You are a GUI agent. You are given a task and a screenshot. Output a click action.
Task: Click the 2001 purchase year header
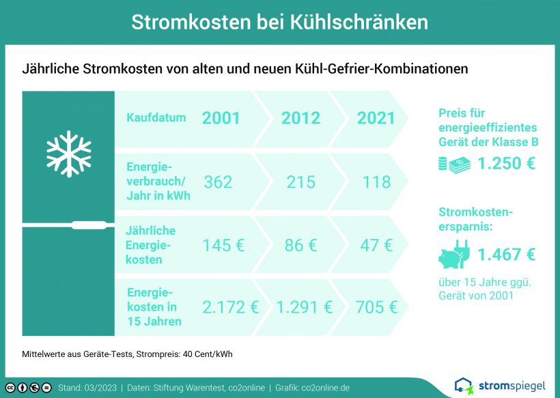tap(221, 118)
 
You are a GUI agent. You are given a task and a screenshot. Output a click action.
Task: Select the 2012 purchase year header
tap(300, 118)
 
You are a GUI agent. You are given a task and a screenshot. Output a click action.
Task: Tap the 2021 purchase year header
tap(376, 118)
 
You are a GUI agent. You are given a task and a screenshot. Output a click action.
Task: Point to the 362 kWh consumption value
tap(218, 182)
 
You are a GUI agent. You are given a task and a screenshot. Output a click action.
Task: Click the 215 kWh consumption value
tap(300, 182)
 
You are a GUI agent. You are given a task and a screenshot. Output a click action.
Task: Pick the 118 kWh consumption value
tap(376, 182)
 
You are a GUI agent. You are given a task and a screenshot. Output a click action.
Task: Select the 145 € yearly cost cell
tap(223, 246)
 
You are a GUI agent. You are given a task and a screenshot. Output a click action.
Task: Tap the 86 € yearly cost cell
tap(300, 246)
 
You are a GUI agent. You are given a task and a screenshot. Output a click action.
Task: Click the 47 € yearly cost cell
tap(376, 246)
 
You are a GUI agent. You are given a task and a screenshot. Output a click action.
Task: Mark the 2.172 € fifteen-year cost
tap(230, 307)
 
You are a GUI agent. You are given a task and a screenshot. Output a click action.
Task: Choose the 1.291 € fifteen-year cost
tap(305, 307)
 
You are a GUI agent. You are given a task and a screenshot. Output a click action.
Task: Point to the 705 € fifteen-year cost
tap(376, 307)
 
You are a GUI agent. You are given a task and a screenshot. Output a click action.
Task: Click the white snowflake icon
tap(68, 154)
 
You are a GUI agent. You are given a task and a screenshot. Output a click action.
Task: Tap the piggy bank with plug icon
tap(454, 254)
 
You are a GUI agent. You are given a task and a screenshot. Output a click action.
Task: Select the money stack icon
tap(455, 165)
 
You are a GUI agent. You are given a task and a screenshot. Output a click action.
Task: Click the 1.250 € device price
tap(507, 163)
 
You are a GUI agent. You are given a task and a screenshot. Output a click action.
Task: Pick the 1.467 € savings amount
tap(507, 255)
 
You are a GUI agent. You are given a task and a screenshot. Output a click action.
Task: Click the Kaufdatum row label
tap(156, 117)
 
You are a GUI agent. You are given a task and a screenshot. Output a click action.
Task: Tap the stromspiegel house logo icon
tap(464, 386)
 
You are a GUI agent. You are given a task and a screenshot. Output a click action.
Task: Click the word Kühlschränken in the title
tap(359, 22)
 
